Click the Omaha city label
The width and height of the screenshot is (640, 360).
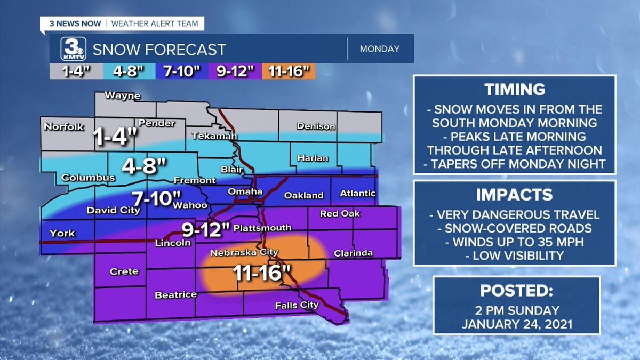pyautogui.click(x=245, y=191)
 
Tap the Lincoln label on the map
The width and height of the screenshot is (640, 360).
pyautogui.click(x=173, y=243)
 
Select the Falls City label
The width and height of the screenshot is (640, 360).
pyautogui.click(x=297, y=306)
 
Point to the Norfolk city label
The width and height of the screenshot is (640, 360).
pyautogui.click(x=64, y=127)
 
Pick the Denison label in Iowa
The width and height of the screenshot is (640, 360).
pyautogui.click(x=316, y=126)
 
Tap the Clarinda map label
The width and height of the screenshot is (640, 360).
pyautogui.click(x=353, y=253)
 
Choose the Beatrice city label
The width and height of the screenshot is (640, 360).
pyautogui.click(x=175, y=294)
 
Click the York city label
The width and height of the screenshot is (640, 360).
pyautogui.click(x=62, y=233)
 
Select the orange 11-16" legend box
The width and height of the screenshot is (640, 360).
pyautogui.click(x=289, y=71)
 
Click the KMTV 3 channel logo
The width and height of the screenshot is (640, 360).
pyautogui.click(x=70, y=49)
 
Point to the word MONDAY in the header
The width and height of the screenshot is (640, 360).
pyautogui.click(x=380, y=49)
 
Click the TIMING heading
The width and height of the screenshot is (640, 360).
pyautogui.click(x=515, y=90)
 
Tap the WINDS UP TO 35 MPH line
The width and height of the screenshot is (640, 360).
pyautogui.click(x=515, y=242)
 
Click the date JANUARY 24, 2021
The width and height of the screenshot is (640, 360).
pyautogui.click(x=516, y=324)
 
